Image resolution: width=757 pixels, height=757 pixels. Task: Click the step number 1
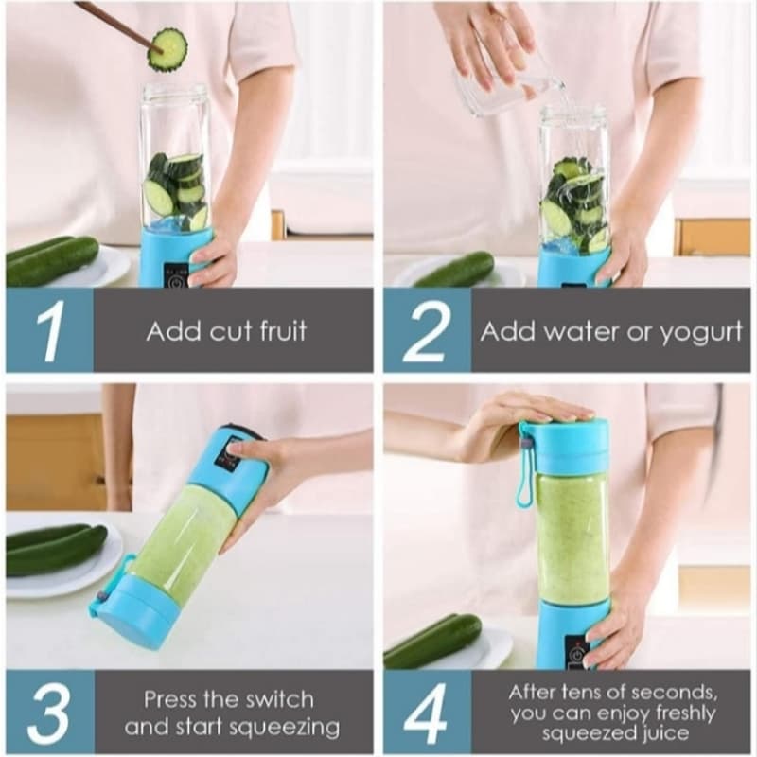pyautogui.click(x=49, y=330)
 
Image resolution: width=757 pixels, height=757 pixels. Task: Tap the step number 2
pyautogui.click(x=426, y=330)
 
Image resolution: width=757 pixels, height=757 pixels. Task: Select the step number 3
pyautogui.click(x=49, y=713)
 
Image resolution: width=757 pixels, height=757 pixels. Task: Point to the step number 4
pyautogui.click(x=426, y=713)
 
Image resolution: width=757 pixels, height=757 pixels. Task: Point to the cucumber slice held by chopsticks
pyautogui.click(x=167, y=48)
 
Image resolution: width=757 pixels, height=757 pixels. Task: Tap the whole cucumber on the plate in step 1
pyautogui.click(x=52, y=260)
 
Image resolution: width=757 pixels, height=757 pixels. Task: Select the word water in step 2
pyautogui.click(x=576, y=331)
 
